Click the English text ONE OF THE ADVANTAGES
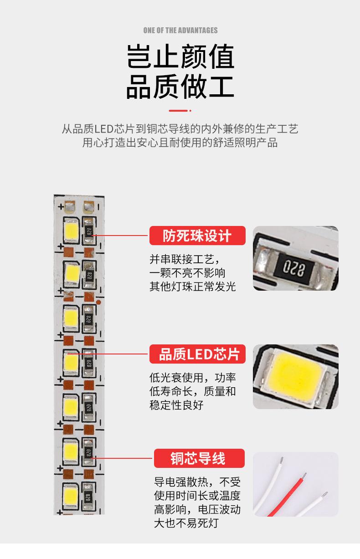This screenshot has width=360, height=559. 180,31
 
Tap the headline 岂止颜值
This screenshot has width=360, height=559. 180,57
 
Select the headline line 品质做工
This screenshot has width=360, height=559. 180,87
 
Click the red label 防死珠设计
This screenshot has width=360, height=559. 197,236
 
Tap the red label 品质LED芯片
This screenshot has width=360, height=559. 197,354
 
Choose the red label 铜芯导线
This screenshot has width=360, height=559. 199,458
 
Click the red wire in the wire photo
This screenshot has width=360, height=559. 292,492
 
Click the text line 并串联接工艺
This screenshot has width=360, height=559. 185,259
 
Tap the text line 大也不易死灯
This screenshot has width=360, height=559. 186,523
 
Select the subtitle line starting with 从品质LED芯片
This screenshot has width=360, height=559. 180,129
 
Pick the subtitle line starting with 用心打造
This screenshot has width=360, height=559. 180,143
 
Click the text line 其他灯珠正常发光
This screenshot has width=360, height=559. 193,287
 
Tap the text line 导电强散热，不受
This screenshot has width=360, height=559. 197,482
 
